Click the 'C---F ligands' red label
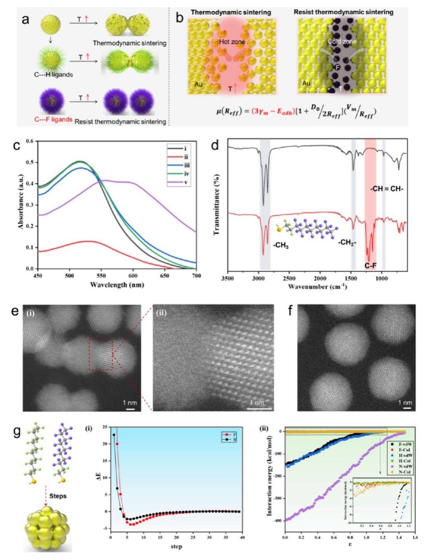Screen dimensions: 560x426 coord(53,119)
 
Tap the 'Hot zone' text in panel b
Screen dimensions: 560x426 coord(232,42)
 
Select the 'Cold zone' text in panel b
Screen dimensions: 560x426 coord(342,42)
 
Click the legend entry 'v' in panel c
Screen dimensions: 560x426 coord(186,182)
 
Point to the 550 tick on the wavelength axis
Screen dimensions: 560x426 coord(101,275)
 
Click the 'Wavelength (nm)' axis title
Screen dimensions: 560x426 coord(117,285)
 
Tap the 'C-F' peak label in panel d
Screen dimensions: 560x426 coord(370,266)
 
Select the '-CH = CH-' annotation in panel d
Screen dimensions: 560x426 coord(386,189)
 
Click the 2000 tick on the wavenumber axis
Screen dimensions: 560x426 coord(320,278)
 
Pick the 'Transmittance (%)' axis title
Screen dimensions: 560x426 coord(217,205)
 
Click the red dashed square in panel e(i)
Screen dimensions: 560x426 coord(101,355)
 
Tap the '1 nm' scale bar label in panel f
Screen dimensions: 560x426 coord(405,402)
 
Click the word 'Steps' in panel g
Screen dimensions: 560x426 coord(58,496)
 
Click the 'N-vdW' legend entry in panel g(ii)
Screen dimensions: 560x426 coord(405,467)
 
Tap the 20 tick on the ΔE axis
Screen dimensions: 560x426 coord(105,444)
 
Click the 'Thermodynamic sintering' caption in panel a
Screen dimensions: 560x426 coord(129,43)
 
